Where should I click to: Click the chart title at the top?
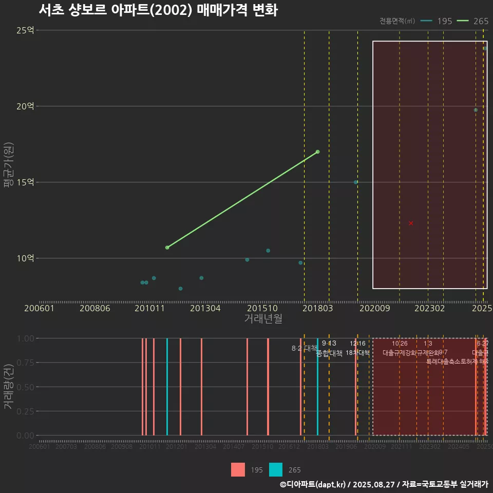coord(158,10)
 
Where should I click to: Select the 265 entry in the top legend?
coord(472,21)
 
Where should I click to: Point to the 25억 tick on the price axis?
coord(25,30)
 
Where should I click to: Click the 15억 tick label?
coord(25,182)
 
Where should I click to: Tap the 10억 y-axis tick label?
coord(25,258)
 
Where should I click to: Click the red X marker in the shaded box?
coord(411,223)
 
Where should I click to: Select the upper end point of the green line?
coord(318,151)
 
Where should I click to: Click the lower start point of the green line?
coord(167,248)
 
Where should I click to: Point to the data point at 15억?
coord(356,182)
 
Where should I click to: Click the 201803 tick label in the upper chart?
coord(318,309)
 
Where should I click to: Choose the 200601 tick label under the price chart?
coord(39,309)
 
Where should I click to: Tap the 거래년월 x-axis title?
coord(263,319)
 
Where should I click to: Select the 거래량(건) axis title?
coord(8,387)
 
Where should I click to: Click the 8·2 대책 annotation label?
coord(305,348)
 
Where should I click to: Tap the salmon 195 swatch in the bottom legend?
coord(238,470)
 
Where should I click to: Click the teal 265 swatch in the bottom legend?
coord(276,470)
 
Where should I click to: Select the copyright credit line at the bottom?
coord(384,484)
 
